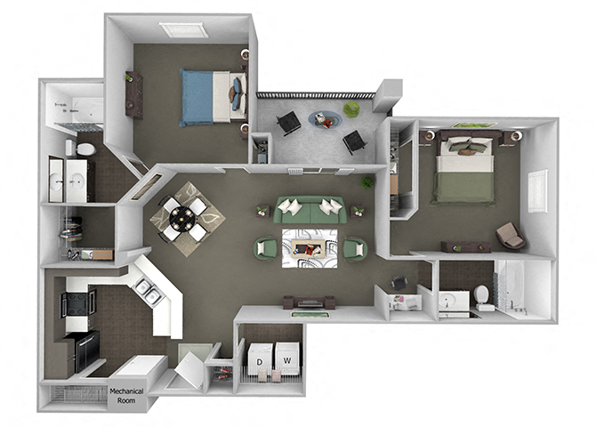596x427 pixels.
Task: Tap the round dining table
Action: (182, 213)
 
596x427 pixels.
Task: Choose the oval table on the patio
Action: (325, 118)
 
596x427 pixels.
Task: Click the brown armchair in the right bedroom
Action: (511, 236)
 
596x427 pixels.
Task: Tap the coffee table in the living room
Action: (309, 243)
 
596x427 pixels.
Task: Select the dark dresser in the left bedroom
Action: (133, 93)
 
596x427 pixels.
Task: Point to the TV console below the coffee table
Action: (309, 302)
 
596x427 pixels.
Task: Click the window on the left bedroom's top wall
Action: (184, 30)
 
